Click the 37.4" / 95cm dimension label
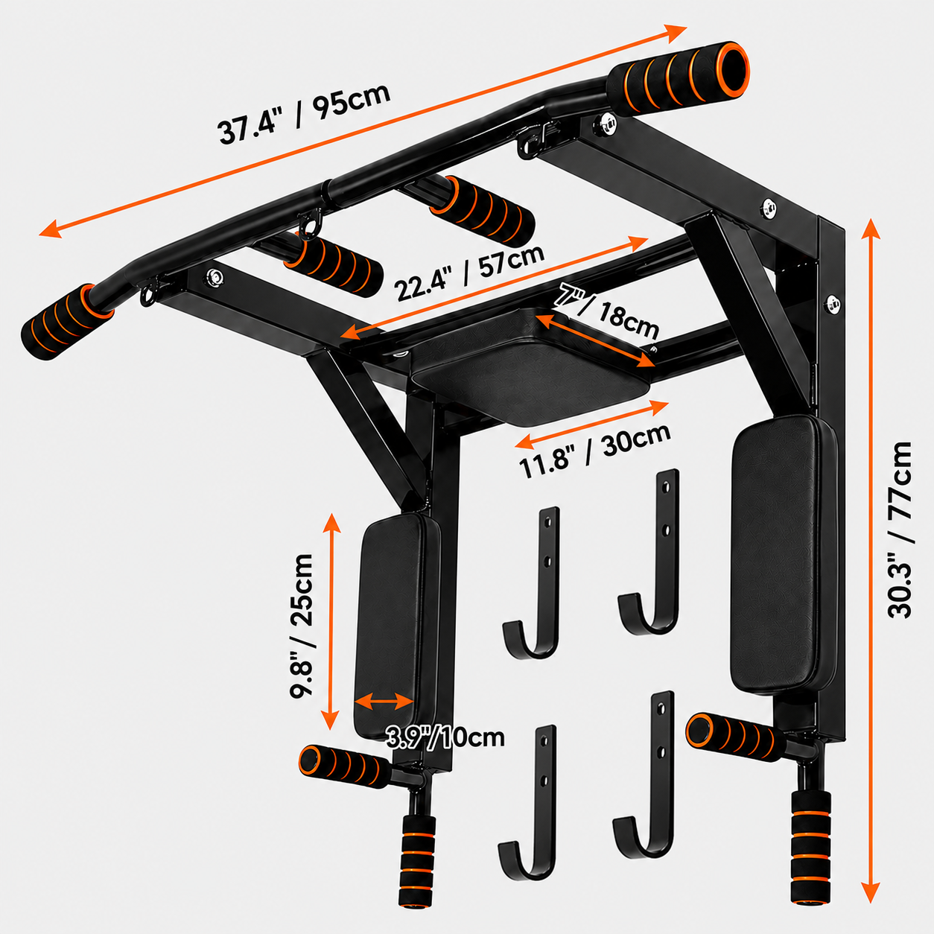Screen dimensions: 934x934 point(304,115)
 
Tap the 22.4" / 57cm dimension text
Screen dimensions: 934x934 point(468,273)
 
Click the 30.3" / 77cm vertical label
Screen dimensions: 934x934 point(899,530)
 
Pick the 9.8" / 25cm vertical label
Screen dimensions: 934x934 point(301,626)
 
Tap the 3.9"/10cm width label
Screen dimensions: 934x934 point(445,737)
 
